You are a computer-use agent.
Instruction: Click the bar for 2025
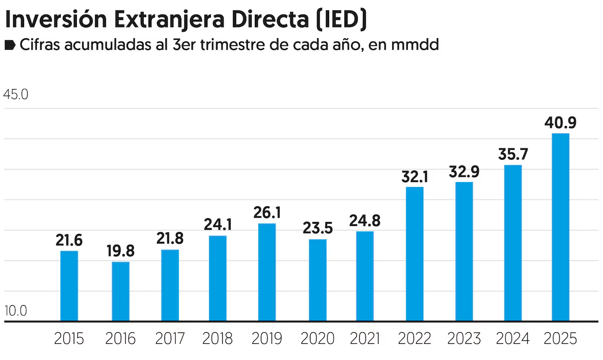click(560, 227)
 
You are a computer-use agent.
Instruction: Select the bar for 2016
click(121, 291)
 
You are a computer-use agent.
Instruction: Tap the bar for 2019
click(267, 272)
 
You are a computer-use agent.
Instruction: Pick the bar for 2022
click(415, 254)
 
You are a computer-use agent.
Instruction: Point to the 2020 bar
click(318, 280)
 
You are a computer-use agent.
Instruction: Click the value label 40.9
click(560, 122)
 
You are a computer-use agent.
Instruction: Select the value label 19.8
click(121, 251)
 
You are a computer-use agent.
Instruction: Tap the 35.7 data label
click(513, 154)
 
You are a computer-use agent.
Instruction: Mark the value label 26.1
click(267, 212)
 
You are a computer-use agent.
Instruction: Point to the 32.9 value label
click(464, 171)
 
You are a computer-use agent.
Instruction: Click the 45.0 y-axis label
click(16, 95)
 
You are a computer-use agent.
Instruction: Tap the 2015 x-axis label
click(69, 338)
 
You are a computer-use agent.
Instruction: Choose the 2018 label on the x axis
click(218, 338)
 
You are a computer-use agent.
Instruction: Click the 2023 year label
click(464, 338)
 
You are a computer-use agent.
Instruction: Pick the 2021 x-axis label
click(365, 338)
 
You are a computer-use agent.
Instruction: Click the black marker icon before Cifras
click(10, 46)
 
